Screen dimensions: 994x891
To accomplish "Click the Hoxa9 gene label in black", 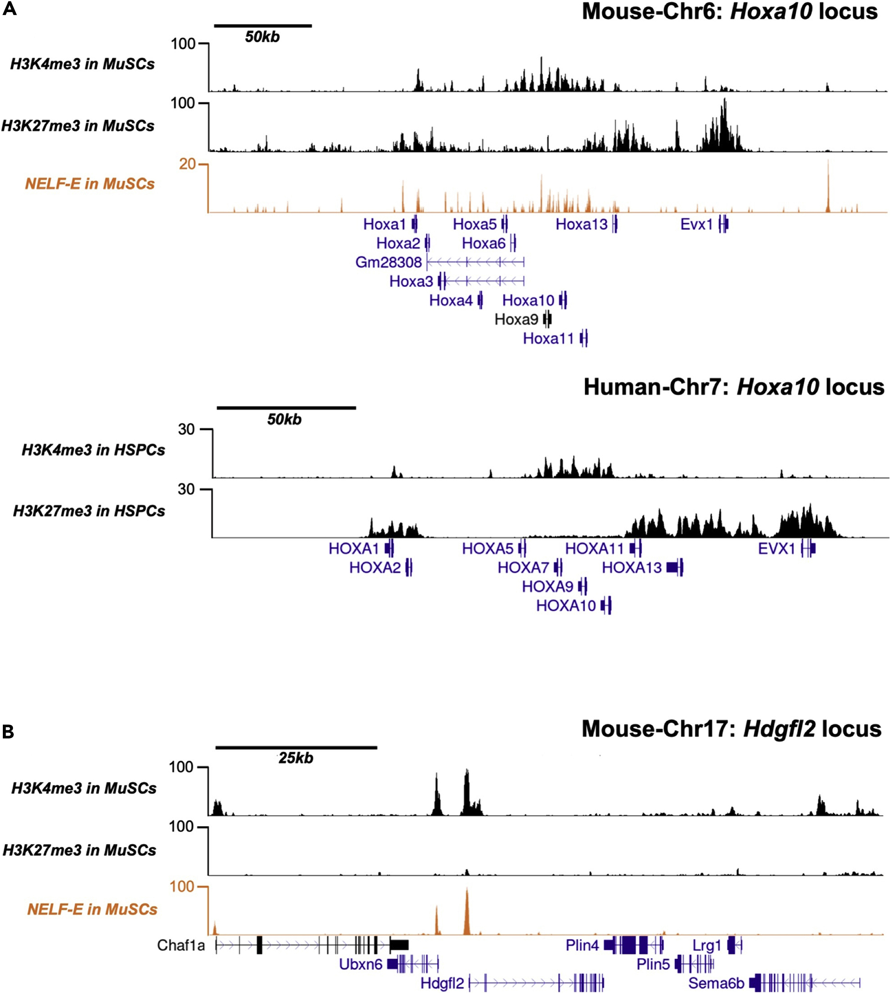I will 516,319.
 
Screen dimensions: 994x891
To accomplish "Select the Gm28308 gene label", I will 388,262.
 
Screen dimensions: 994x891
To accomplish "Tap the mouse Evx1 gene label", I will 696,224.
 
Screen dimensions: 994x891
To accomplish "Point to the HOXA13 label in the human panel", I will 632,567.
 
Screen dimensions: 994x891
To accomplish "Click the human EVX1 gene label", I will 776,548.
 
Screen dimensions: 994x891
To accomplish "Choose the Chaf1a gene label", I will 181,945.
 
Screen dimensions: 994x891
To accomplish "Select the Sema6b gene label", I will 716,983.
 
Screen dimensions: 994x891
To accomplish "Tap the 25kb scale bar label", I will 296,758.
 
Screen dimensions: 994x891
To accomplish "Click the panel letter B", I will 8,732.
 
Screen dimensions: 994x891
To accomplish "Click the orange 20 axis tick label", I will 187,164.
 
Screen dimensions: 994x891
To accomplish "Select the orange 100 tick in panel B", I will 181,887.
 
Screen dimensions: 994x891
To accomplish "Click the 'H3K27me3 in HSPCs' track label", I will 89,511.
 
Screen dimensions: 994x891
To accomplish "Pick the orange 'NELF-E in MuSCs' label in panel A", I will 90,184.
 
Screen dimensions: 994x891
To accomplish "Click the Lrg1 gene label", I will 707,945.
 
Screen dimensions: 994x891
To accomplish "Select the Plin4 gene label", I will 581,945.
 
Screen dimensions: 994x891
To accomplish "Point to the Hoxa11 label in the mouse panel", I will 548,338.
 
